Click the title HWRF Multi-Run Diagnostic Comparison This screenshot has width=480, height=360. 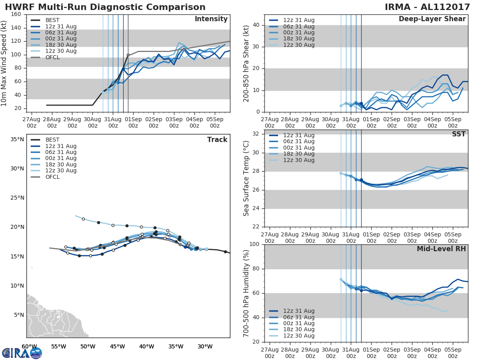(105, 7)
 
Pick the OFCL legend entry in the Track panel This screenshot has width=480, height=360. (52, 177)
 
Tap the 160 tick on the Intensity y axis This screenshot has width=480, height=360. (16, 14)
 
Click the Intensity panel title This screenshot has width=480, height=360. (211, 19)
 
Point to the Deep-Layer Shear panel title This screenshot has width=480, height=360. (432, 19)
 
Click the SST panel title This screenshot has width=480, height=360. (459, 134)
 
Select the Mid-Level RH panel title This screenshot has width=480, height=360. (441, 249)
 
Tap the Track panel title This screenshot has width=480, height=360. (217, 140)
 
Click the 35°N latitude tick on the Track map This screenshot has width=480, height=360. (17, 140)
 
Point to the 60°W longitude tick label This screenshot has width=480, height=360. (29, 346)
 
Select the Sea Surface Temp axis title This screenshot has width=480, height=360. (246, 178)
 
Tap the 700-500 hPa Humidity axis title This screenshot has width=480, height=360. (246, 293)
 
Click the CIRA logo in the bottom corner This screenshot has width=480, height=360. (22, 353)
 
